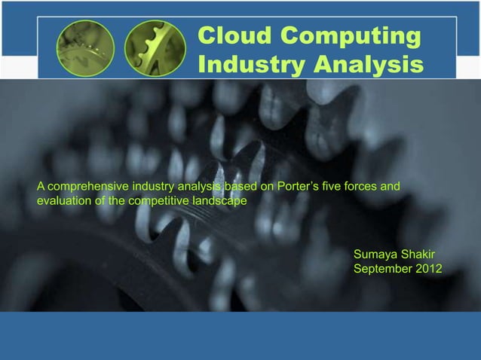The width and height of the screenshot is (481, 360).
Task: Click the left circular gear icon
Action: click(x=85, y=49)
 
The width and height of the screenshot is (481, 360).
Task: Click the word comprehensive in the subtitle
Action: click(x=87, y=186)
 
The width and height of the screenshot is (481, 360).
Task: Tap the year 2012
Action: click(x=430, y=270)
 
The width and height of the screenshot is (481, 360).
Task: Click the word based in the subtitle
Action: click(x=241, y=186)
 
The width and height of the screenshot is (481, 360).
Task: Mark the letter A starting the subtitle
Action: click(x=41, y=186)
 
